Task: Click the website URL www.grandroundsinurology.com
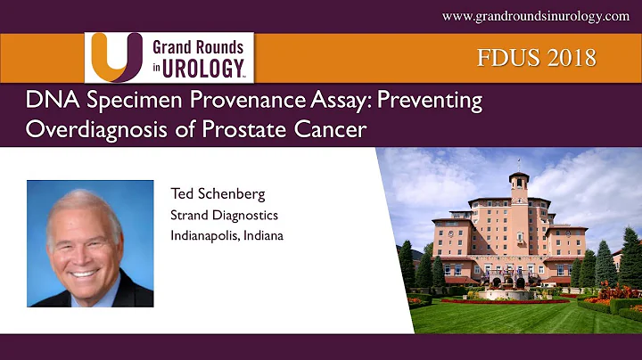[535, 17]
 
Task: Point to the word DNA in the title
[46, 102]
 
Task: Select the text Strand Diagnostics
[223, 217]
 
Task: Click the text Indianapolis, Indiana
[226, 236]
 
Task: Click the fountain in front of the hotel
[516, 291]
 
